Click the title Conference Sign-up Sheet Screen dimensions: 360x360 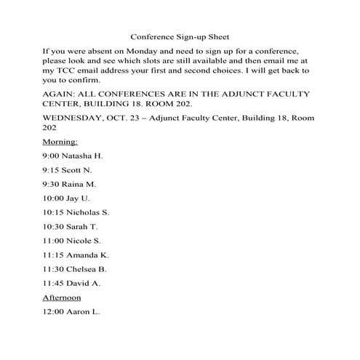point(179,36)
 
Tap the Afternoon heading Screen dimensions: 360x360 point(62,297)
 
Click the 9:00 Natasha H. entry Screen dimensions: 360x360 point(73,156)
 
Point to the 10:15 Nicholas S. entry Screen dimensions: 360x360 point(76,212)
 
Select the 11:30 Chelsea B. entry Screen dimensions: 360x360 point(75,269)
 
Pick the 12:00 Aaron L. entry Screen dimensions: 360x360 point(72,312)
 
